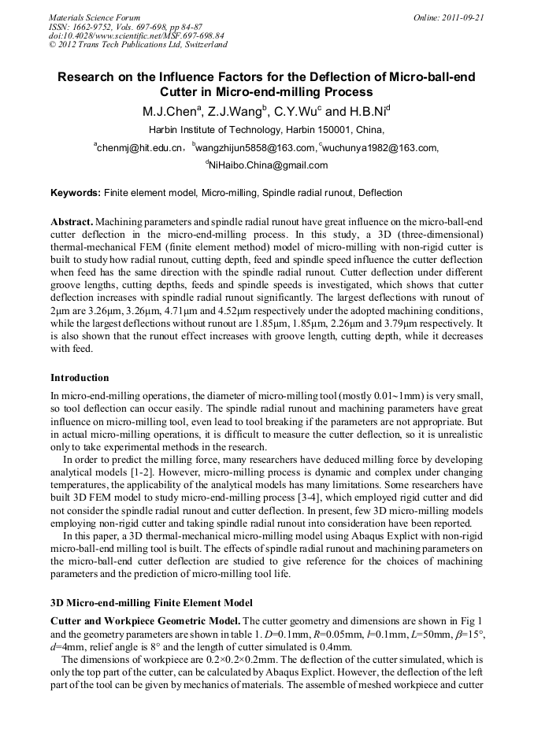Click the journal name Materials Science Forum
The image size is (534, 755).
[x=95, y=17]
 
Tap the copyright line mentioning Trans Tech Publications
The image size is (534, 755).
[x=138, y=45]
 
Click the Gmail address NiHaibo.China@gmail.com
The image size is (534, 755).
[x=268, y=165]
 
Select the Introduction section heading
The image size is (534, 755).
[x=80, y=378]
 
